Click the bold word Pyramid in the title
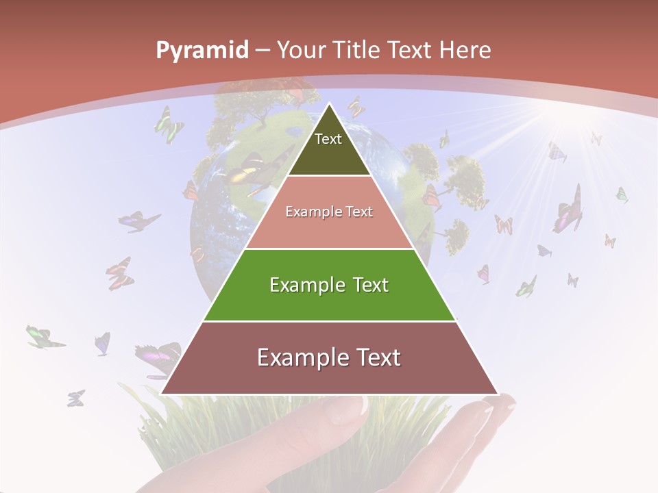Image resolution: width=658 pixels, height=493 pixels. pos(202,51)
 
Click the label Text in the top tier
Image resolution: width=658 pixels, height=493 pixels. pos(328,139)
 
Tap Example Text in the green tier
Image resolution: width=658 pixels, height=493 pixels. pos(329,285)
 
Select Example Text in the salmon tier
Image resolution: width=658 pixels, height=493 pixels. pos(329,212)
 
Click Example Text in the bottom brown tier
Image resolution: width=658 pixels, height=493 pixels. pos(329,357)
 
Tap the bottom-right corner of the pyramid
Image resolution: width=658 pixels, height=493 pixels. pos(497,394)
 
